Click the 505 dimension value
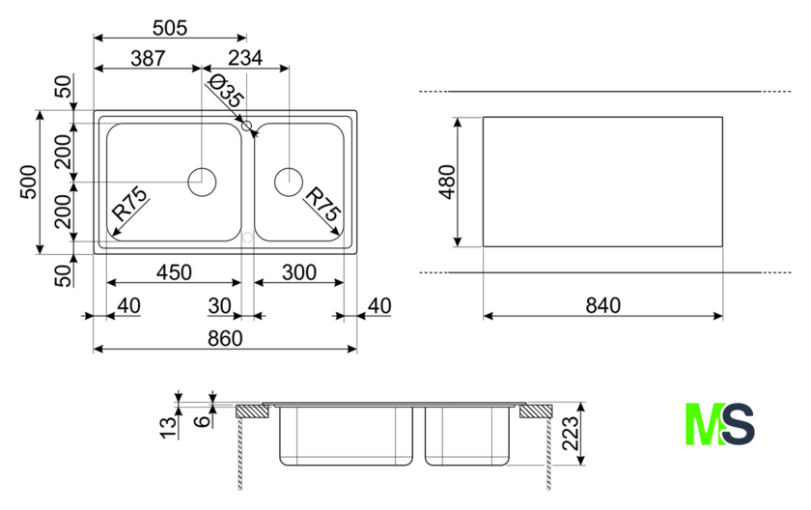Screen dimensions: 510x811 [x=170, y=28]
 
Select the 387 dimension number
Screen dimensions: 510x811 [x=148, y=58]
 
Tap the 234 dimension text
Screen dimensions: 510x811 [x=245, y=58]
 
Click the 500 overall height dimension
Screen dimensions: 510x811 [x=28, y=183]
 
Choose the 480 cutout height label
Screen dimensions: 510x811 [x=445, y=182]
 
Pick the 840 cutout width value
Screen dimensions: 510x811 [x=601, y=305]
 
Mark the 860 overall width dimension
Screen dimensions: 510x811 [x=224, y=338]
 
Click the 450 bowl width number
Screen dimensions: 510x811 [x=174, y=272]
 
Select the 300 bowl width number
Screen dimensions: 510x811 [x=299, y=272]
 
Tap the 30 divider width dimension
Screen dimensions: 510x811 [x=220, y=305]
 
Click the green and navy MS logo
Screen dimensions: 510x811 [x=719, y=425]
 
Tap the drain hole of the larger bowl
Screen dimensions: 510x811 [x=202, y=182]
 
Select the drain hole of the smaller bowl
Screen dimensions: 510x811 [x=289, y=182]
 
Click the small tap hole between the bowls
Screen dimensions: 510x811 [x=247, y=126]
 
